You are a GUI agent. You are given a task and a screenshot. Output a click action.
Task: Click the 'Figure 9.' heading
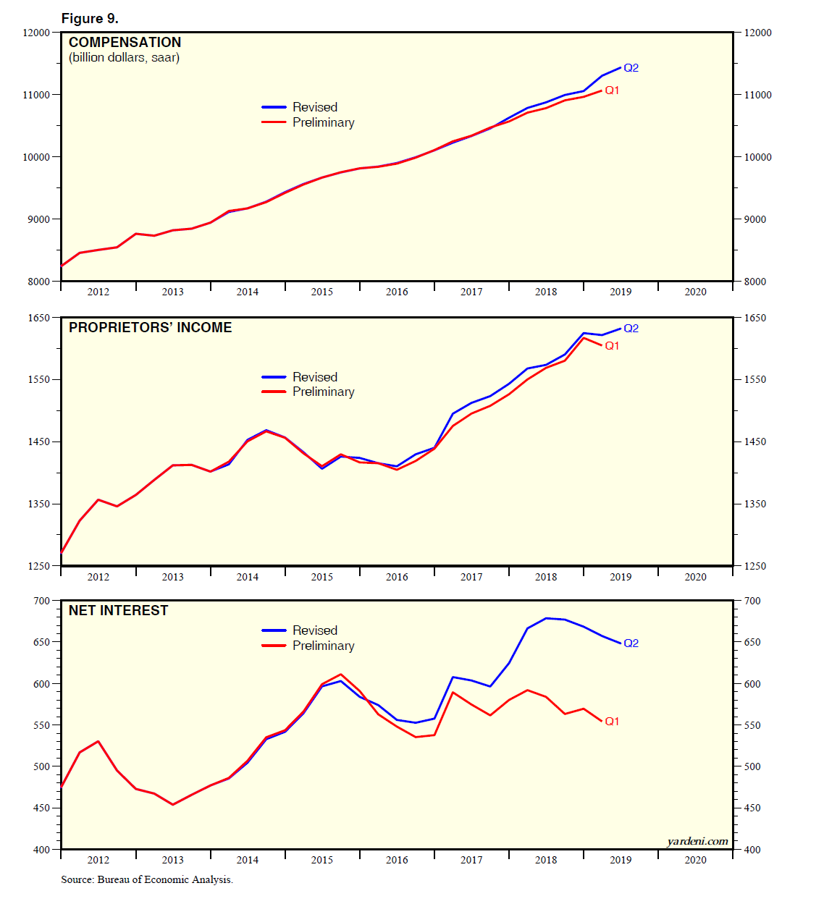(90, 19)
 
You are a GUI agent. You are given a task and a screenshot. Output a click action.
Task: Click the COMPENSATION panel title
(125, 43)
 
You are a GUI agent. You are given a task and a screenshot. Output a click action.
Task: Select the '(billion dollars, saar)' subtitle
(124, 58)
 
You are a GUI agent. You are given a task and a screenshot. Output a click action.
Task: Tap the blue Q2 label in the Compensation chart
(631, 68)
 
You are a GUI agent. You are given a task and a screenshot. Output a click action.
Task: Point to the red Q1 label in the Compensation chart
(612, 90)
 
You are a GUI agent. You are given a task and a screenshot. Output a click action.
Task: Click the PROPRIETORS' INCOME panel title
(150, 328)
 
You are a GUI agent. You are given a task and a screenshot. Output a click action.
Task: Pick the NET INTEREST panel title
(118, 611)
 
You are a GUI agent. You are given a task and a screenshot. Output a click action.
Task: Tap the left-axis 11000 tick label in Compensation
(36, 95)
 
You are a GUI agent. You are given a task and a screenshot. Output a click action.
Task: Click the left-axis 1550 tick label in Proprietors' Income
(39, 379)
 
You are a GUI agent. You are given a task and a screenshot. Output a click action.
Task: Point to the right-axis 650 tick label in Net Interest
(752, 642)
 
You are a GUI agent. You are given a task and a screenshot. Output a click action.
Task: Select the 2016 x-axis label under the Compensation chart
(397, 292)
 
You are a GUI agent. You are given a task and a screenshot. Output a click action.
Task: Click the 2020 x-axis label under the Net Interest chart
(695, 860)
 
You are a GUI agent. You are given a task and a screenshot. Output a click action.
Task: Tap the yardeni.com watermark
(697, 841)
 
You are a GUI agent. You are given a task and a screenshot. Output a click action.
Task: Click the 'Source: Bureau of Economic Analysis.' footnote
(147, 880)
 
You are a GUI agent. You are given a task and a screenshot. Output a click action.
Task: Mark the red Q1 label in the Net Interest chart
(612, 722)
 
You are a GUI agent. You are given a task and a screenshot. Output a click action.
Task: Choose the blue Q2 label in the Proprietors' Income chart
(631, 329)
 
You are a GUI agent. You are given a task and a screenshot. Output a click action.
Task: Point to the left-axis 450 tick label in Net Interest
(41, 808)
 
